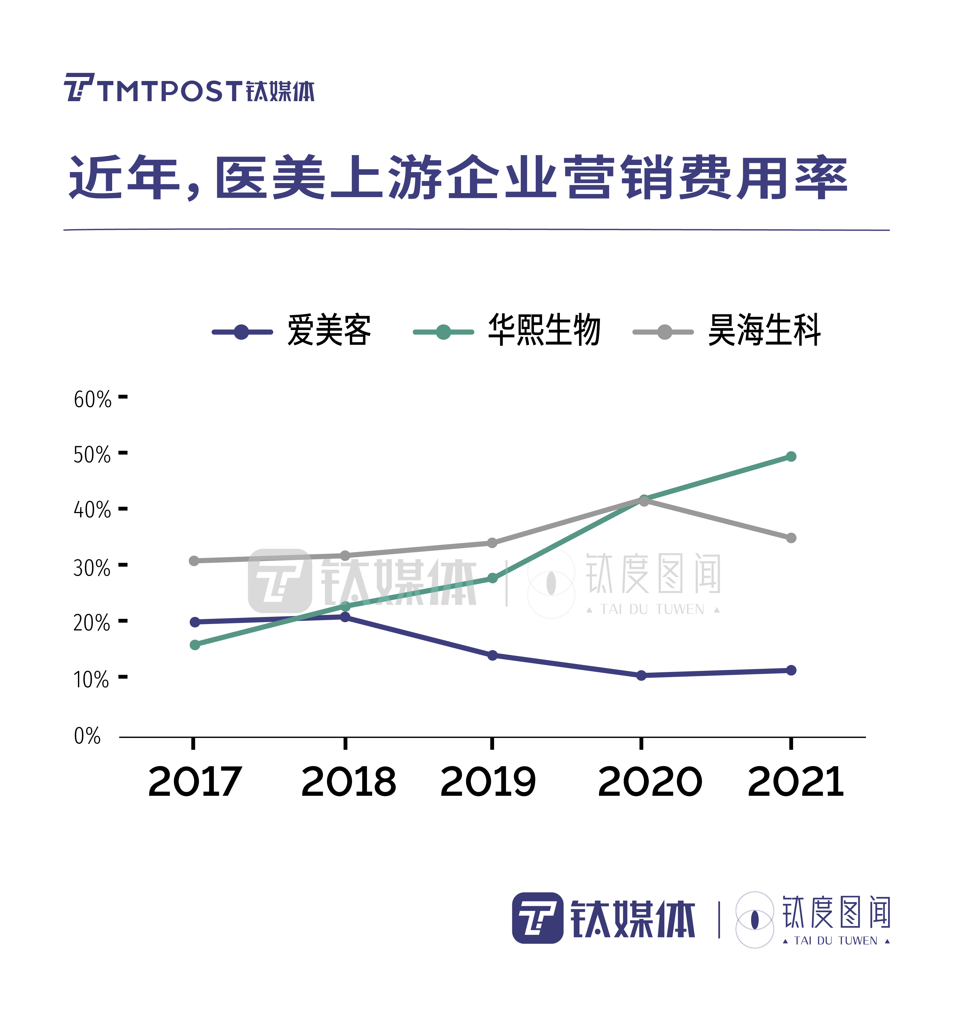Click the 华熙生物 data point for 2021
point(791,457)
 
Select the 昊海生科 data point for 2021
point(791,538)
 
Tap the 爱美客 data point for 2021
point(791,670)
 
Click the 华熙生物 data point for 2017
point(194,645)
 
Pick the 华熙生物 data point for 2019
point(492,578)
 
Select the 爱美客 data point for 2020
point(641,676)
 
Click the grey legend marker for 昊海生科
point(663,332)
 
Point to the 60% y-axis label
point(92,400)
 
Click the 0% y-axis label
point(87,736)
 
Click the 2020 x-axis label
point(650,782)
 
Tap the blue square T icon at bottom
point(538,918)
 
